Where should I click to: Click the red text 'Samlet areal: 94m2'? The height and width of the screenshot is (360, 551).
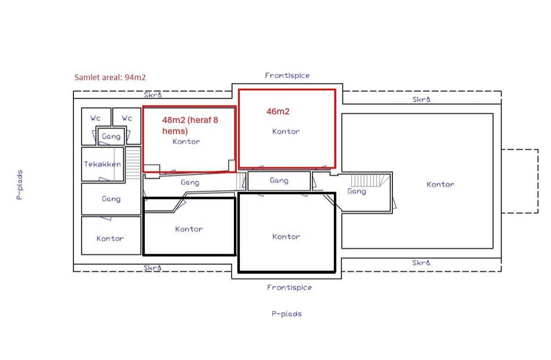[110, 77]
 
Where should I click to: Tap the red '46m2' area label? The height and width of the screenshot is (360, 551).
[278, 111]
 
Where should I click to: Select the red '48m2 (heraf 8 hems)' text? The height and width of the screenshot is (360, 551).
[190, 126]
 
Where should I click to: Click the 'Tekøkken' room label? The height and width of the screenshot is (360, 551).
[102, 164]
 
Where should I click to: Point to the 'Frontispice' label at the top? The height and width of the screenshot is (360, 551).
[287, 75]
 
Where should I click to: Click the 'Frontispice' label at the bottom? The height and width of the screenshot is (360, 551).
[289, 288]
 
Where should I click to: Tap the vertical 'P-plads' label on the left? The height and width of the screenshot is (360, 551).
[20, 185]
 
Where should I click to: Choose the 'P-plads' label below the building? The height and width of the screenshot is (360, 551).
[287, 314]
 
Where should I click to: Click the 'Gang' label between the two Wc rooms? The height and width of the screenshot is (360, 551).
[111, 136]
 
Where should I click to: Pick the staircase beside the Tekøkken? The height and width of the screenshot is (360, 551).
[133, 163]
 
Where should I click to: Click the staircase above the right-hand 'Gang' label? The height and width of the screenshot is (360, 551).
[370, 180]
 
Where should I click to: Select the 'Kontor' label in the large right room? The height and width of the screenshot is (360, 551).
[440, 185]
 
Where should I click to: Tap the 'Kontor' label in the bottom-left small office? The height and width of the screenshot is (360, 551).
[110, 239]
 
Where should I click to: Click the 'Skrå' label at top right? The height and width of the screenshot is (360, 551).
[421, 99]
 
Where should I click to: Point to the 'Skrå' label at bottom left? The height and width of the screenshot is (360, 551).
[153, 268]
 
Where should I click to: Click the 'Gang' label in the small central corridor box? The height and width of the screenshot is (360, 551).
[279, 181]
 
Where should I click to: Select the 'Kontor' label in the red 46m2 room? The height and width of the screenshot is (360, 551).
[286, 131]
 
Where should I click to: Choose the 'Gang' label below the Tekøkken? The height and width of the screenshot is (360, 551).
[111, 199]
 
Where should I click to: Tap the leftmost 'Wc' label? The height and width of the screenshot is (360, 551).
[95, 118]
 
